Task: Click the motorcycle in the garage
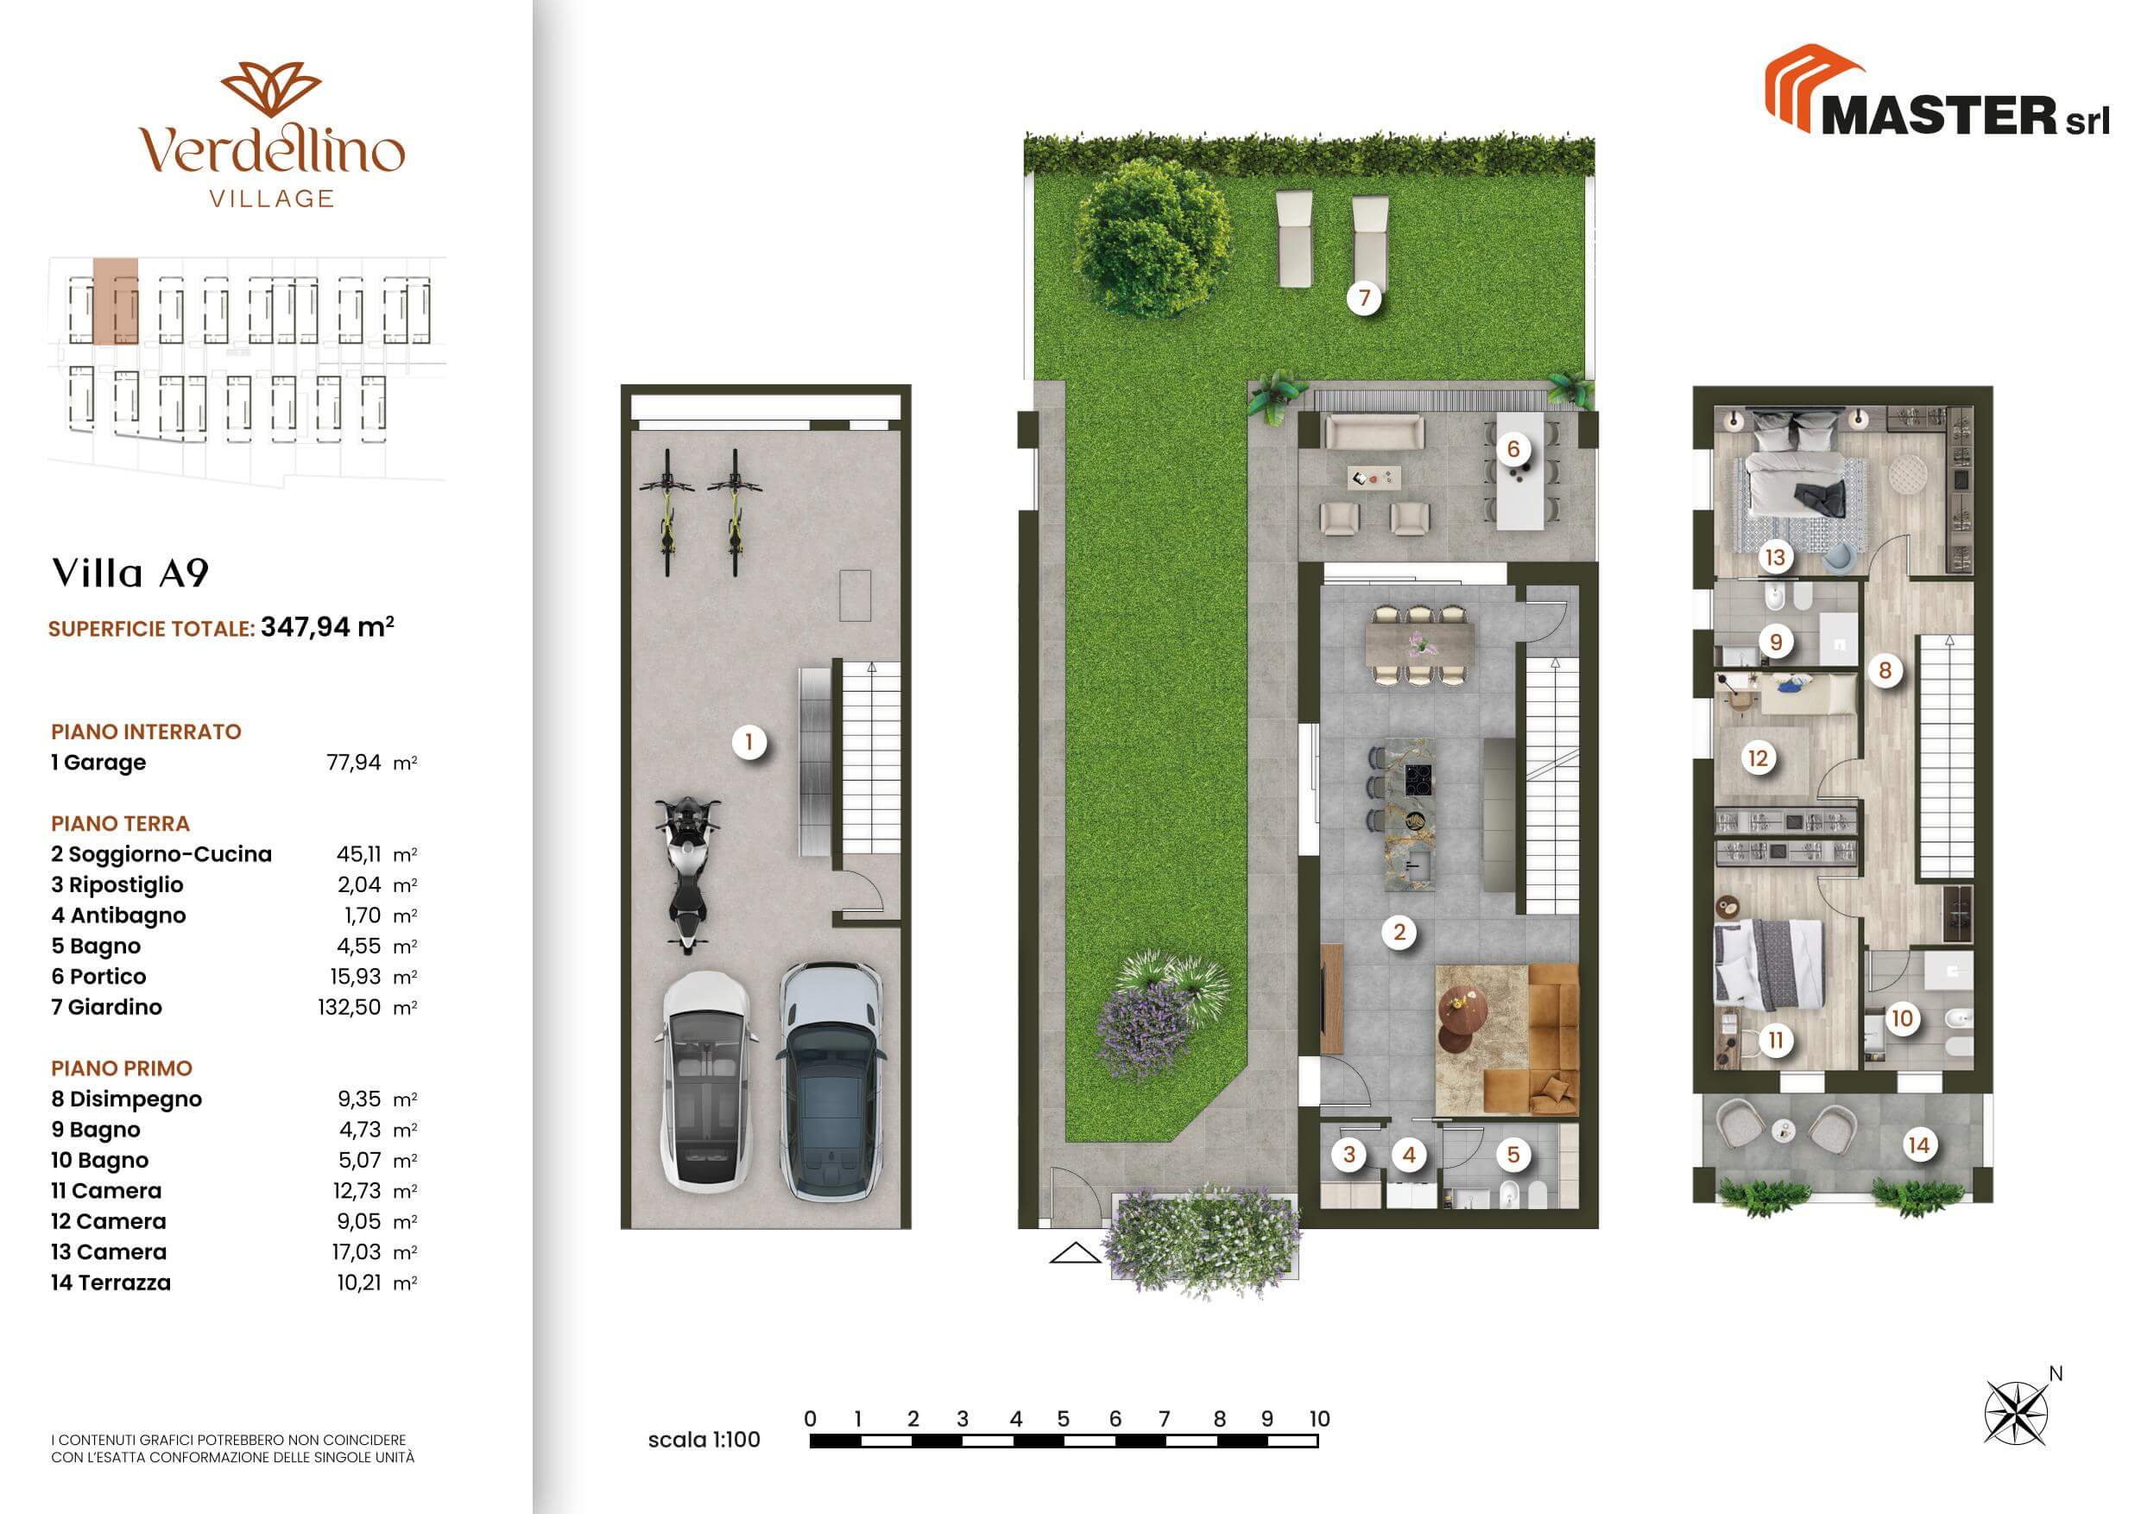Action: [687, 874]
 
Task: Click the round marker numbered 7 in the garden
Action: [1364, 298]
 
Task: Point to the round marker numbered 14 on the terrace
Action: [1918, 1144]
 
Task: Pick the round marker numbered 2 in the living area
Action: [1399, 931]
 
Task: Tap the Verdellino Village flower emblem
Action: [271, 90]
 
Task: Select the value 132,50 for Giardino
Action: [349, 1008]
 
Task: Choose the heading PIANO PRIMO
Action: [121, 1068]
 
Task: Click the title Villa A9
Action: [130, 573]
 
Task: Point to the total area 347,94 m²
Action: [327, 627]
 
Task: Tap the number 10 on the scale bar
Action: [1318, 1419]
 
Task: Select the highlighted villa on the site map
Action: [116, 301]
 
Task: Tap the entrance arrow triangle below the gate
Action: [1075, 1253]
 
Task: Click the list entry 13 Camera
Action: [108, 1251]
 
